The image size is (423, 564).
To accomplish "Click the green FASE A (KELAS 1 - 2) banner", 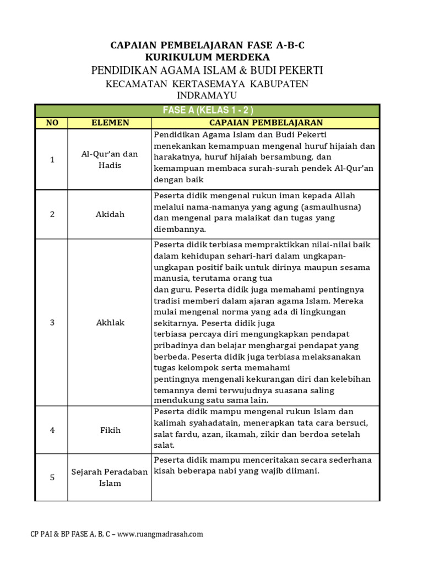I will [207, 110].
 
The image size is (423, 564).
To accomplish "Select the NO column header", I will [52, 122].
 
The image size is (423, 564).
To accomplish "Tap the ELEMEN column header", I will [110, 122].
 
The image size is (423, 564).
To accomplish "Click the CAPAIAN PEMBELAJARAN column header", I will [265, 122].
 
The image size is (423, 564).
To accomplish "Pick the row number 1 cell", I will [52, 160].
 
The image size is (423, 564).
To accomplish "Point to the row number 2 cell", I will [52, 214].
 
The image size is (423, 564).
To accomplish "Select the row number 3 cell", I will [52, 323].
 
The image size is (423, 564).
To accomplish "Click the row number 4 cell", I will [52, 430].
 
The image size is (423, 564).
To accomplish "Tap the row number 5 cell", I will [52, 478].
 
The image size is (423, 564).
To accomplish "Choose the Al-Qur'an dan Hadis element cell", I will [110, 160].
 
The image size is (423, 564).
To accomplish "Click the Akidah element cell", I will [110, 214].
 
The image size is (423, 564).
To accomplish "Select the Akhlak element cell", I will [110, 323].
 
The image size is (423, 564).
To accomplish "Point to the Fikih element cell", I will [110, 430].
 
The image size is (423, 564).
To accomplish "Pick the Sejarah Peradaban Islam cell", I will [110, 478].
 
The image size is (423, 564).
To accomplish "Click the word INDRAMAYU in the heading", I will [207, 96].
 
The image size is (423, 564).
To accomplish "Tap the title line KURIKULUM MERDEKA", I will [207, 57].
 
